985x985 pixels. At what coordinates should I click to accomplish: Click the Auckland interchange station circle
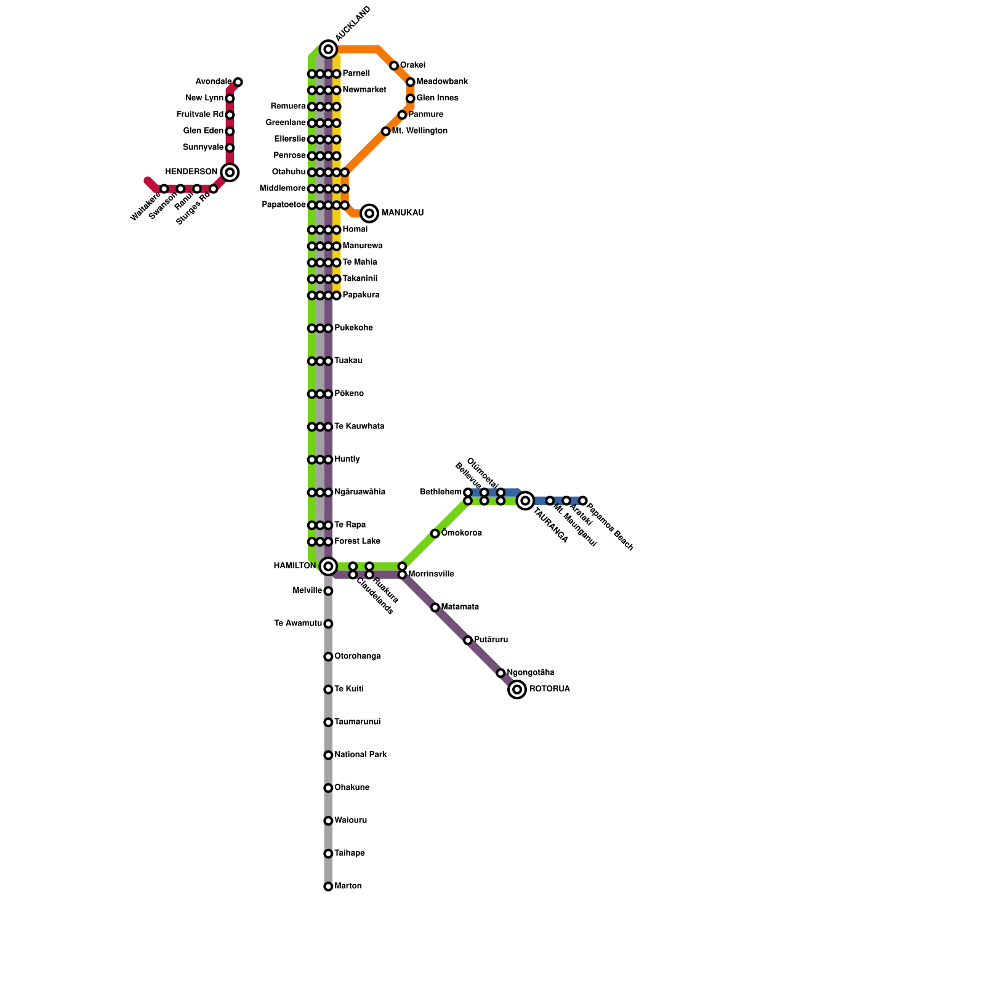[x=328, y=49]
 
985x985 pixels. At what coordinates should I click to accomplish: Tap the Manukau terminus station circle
[x=369, y=213]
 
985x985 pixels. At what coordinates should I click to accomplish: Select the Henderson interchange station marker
[x=230, y=172]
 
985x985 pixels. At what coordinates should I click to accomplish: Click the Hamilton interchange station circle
[x=328, y=566]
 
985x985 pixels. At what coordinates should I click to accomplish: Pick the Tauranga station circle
[x=525, y=501]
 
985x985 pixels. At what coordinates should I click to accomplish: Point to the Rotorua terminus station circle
[x=518, y=689]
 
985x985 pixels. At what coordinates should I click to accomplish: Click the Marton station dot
[x=328, y=886]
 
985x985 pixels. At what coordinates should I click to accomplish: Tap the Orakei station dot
[x=394, y=66]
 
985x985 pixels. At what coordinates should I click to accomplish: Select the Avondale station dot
[x=238, y=82]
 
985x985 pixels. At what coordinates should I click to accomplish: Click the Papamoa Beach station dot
[x=582, y=501]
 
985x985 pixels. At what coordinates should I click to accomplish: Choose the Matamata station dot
[x=435, y=608]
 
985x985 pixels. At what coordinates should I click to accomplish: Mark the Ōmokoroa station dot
[x=435, y=534]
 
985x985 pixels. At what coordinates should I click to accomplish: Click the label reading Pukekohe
[x=353, y=328]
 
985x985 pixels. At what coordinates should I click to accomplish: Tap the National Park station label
[x=360, y=755]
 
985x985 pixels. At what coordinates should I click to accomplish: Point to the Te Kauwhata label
[x=359, y=427]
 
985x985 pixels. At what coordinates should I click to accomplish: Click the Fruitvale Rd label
[x=199, y=115]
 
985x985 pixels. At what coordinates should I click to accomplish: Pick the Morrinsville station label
[x=431, y=574]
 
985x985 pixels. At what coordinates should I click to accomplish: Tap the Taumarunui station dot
[x=328, y=722]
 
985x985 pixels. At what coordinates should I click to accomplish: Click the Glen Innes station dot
[x=410, y=98]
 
